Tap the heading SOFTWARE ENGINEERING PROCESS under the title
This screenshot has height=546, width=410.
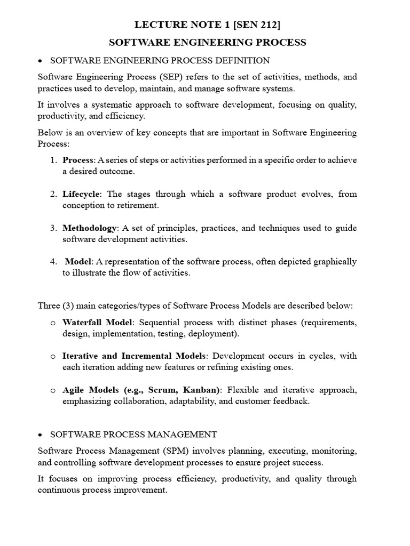(x=208, y=43)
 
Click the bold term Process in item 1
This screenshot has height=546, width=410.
(x=78, y=160)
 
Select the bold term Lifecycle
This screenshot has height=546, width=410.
(x=81, y=194)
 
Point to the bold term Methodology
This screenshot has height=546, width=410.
(x=89, y=228)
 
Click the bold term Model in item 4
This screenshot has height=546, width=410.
(x=78, y=262)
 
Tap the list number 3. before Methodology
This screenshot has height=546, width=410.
(x=54, y=228)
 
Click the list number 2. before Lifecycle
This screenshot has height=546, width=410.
(x=54, y=194)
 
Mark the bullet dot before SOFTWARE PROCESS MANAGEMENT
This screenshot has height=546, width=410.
(x=41, y=435)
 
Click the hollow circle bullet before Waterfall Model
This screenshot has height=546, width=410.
(x=53, y=323)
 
